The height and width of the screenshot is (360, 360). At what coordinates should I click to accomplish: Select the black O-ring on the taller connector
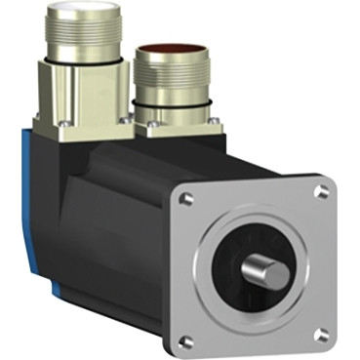[84, 55]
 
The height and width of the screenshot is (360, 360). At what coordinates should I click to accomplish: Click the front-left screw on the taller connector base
[64, 123]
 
